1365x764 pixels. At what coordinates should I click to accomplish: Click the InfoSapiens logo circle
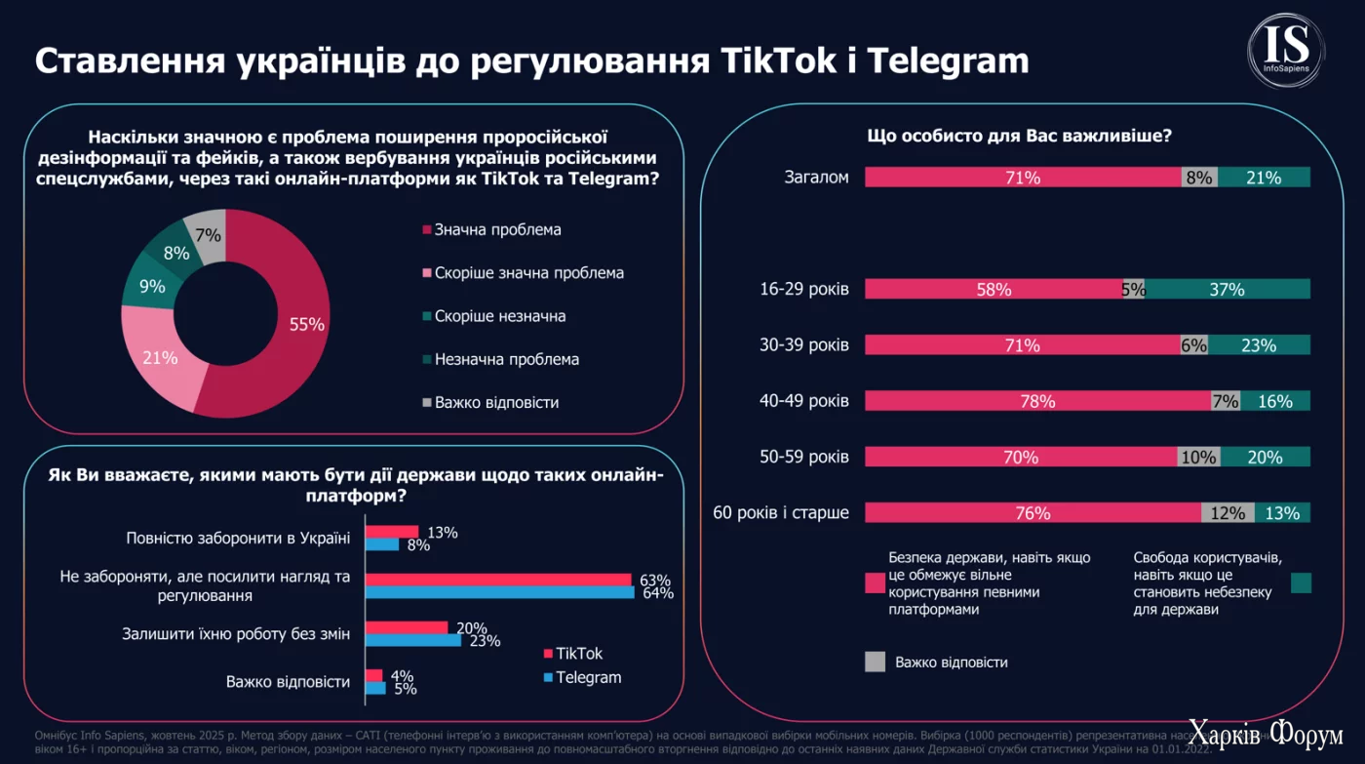coord(1286,52)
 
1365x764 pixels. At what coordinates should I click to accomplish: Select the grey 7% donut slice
coord(208,234)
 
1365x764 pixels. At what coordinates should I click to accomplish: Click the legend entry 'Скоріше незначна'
coord(499,316)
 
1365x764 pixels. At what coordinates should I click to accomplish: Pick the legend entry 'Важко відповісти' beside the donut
coord(496,402)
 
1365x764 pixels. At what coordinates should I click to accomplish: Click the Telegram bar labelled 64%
coord(499,592)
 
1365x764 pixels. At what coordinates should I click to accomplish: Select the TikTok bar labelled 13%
coord(391,532)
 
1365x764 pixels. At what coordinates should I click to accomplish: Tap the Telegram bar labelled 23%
coord(412,640)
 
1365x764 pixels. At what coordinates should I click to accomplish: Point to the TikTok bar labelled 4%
coord(373,675)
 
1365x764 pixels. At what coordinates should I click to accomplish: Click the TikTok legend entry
coord(578,654)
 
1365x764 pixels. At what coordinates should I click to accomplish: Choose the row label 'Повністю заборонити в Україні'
coord(238,538)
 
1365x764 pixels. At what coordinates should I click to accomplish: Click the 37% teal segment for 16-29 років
coord(1228,289)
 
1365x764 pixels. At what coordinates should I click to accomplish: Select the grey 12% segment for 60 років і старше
coord(1228,513)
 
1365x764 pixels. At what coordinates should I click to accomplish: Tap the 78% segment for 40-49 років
coord(1037,401)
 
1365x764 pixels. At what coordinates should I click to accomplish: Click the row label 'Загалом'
coord(817,178)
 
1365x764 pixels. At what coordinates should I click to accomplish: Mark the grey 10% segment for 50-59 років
coord(1198,458)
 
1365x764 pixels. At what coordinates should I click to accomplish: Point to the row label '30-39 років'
coord(804,345)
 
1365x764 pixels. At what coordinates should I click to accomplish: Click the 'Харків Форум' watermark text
coord(1265,738)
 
